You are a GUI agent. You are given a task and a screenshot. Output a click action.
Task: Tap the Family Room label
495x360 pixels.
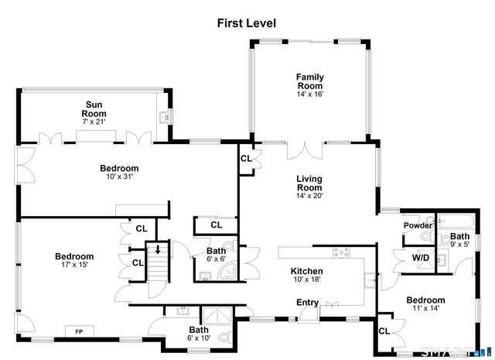click(309, 77)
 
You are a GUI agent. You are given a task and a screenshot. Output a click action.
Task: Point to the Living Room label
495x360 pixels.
click(309, 179)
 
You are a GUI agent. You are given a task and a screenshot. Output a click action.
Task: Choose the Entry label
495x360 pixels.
click(307, 302)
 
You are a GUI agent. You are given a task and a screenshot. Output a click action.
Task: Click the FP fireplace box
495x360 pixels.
click(79, 332)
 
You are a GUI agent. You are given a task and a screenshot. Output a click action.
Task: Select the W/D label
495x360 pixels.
click(420, 258)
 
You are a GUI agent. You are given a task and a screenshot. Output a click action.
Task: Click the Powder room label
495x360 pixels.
click(417, 225)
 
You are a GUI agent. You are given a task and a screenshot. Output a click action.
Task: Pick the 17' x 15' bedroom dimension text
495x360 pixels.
click(74, 265)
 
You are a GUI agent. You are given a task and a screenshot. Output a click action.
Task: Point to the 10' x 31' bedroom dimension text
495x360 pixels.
click(119, 177)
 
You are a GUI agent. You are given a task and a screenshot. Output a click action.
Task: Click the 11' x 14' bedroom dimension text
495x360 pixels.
click(426, 308)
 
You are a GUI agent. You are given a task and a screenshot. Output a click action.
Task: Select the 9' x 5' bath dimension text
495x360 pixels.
click(459, 245)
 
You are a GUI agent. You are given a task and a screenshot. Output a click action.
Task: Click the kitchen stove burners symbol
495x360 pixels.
click(341, 253)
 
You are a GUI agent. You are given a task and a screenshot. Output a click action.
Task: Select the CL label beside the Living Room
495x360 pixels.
click(245, 158)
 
